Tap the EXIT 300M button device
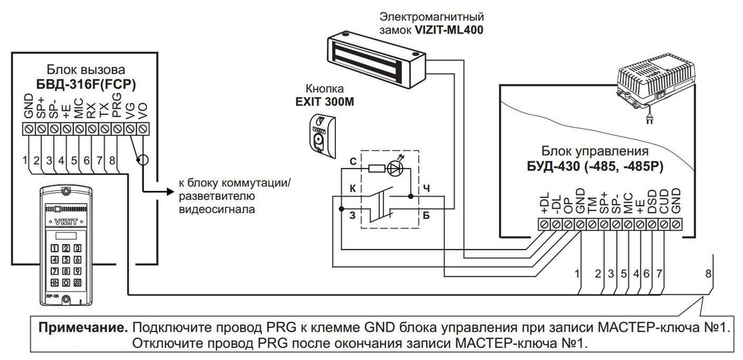322,135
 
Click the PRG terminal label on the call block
118,105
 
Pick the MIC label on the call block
78,107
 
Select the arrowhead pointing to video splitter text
171,192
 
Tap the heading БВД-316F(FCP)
86,84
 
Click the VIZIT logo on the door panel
65,221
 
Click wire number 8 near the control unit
708,274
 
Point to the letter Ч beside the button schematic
426,189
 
